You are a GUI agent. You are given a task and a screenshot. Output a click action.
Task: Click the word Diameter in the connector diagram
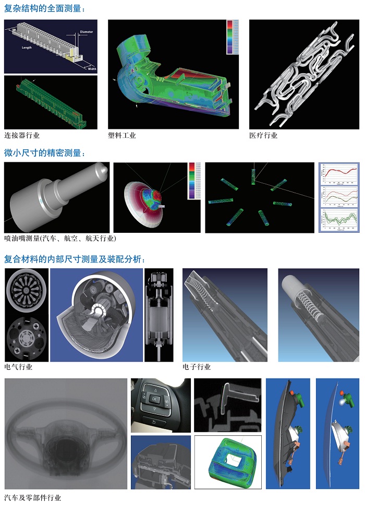point(86,32)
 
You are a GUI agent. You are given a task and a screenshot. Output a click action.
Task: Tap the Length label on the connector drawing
point(27,48)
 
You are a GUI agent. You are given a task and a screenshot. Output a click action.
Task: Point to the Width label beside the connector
point(92,68)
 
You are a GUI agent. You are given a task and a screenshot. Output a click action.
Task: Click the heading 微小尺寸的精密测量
point(44,153)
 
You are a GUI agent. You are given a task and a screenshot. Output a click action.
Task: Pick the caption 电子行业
point(197,367)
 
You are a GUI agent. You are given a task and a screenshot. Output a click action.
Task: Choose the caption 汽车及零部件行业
point(32,497)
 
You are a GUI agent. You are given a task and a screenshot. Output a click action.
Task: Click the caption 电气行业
point(18,367)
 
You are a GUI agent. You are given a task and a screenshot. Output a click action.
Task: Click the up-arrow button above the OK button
point(155,389)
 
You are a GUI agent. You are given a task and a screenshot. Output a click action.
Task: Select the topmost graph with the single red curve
point(339,174)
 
